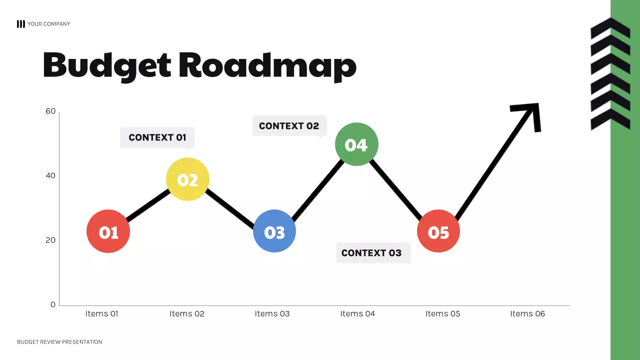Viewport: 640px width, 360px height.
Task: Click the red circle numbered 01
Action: tap(108, 231)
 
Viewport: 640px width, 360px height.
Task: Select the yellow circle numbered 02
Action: tap(187, 179)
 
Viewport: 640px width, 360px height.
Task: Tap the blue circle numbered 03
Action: tap(274, 231)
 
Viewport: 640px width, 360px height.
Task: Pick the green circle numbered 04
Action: tap(356, 144)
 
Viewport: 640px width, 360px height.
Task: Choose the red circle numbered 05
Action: tap(438, 231)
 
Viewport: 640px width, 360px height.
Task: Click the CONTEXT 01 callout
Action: tap(157, 137)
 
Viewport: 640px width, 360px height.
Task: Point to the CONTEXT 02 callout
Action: tap(289, 126)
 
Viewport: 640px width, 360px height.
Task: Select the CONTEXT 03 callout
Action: tap(371, 253)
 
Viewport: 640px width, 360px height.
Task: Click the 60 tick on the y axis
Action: tap(50, 111)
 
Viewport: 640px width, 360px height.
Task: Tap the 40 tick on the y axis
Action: tap(50, 175)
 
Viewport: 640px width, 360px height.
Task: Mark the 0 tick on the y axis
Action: tap(53, 304)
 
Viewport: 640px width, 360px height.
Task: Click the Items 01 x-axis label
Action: tap(101, 314)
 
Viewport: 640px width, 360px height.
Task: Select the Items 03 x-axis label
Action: tap(272, 314)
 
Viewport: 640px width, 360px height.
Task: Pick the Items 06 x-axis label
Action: tap(527, 314)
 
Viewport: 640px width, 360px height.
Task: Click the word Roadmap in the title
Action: tap(267, 65)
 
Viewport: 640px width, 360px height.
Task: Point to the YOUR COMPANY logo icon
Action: tap(20, 24)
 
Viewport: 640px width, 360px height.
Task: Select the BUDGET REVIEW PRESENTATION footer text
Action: tap(59, 342)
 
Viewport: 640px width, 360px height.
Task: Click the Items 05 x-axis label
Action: tap(442, 314)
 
